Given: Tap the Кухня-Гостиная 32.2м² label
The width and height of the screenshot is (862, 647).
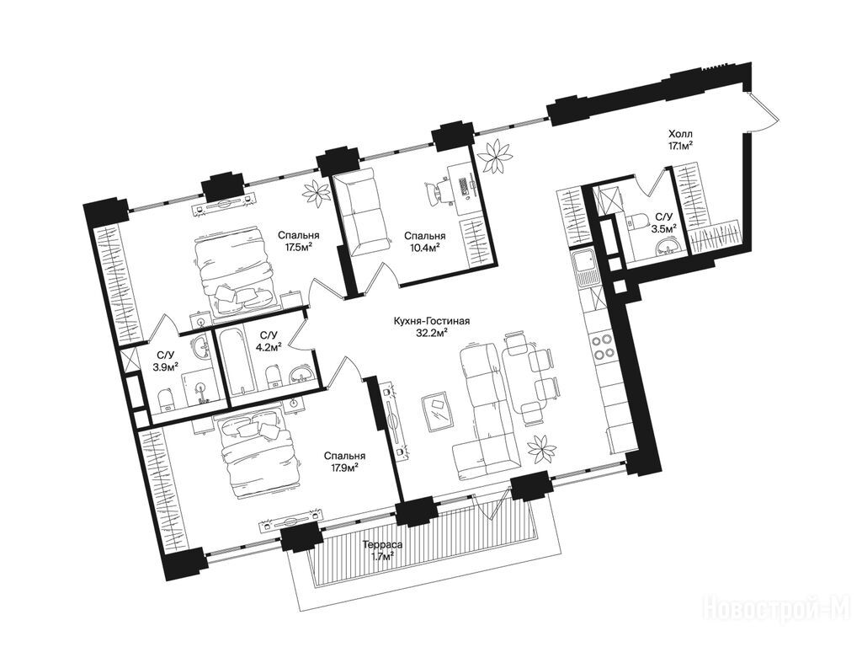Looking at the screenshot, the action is coord(432,326).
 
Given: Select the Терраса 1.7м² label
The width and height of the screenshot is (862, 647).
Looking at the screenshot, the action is coord(383,551).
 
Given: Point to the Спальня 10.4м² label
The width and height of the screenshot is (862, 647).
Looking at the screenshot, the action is coord(424,242).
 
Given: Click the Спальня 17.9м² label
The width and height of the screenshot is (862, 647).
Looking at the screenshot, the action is coord(344,462).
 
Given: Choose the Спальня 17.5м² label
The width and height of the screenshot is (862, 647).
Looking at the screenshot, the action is coord(299,240).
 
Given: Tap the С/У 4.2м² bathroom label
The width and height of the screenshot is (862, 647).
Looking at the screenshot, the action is coord(270,340).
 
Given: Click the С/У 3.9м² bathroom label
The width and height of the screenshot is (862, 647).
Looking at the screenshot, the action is coord(166,361).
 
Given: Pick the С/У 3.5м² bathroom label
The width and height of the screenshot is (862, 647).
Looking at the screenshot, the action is coord(663,222).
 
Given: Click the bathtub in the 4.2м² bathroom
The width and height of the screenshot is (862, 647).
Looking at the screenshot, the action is coord(237,361).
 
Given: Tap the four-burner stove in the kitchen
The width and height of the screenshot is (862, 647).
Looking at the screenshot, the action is coord(602,346).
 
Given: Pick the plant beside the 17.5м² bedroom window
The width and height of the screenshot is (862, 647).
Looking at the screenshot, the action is coord(317,192).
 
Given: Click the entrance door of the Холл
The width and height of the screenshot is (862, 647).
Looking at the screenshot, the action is coord(763,113).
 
